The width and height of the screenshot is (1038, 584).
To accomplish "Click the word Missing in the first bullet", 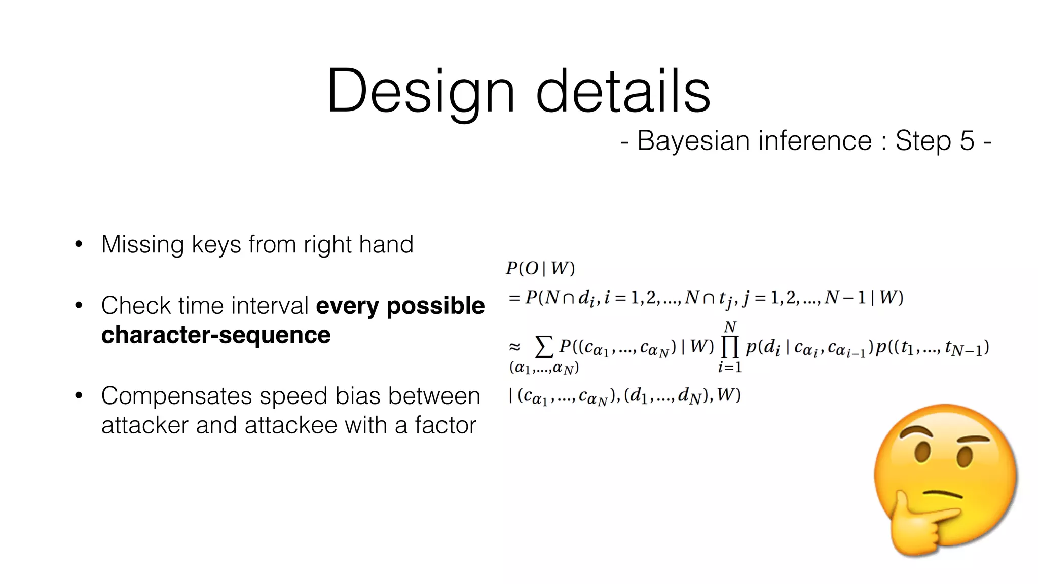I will (x=142, y=245).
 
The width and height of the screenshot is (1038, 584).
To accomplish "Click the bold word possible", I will (x=435, y=306).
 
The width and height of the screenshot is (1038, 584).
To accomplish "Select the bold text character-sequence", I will (x=216, y=335).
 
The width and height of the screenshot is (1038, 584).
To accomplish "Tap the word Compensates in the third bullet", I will (x=176, y=396).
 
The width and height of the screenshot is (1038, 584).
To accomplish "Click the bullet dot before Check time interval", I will (x=79, y=306).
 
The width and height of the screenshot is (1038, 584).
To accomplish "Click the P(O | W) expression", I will (x=540, y=268).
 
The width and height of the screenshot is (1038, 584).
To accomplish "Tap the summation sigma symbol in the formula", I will (x=544, y=347).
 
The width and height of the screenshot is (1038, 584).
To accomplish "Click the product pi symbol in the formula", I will (x=729, y=347).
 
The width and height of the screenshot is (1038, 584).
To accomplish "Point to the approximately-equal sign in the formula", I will (x=514, y=347).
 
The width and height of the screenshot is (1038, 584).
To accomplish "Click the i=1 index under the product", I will (x=730, y=367).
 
